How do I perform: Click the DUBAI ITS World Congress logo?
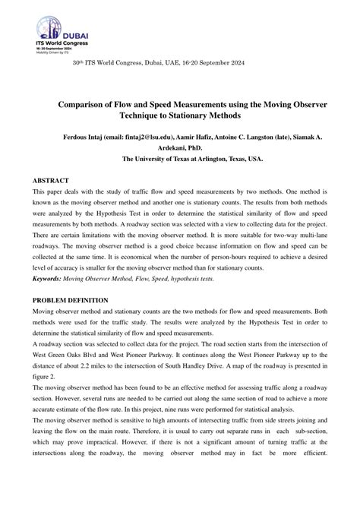point(58,30)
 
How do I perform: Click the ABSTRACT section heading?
point(50,181)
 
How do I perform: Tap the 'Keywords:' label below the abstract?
point(46,279)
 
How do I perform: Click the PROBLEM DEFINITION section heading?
point(70,301)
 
